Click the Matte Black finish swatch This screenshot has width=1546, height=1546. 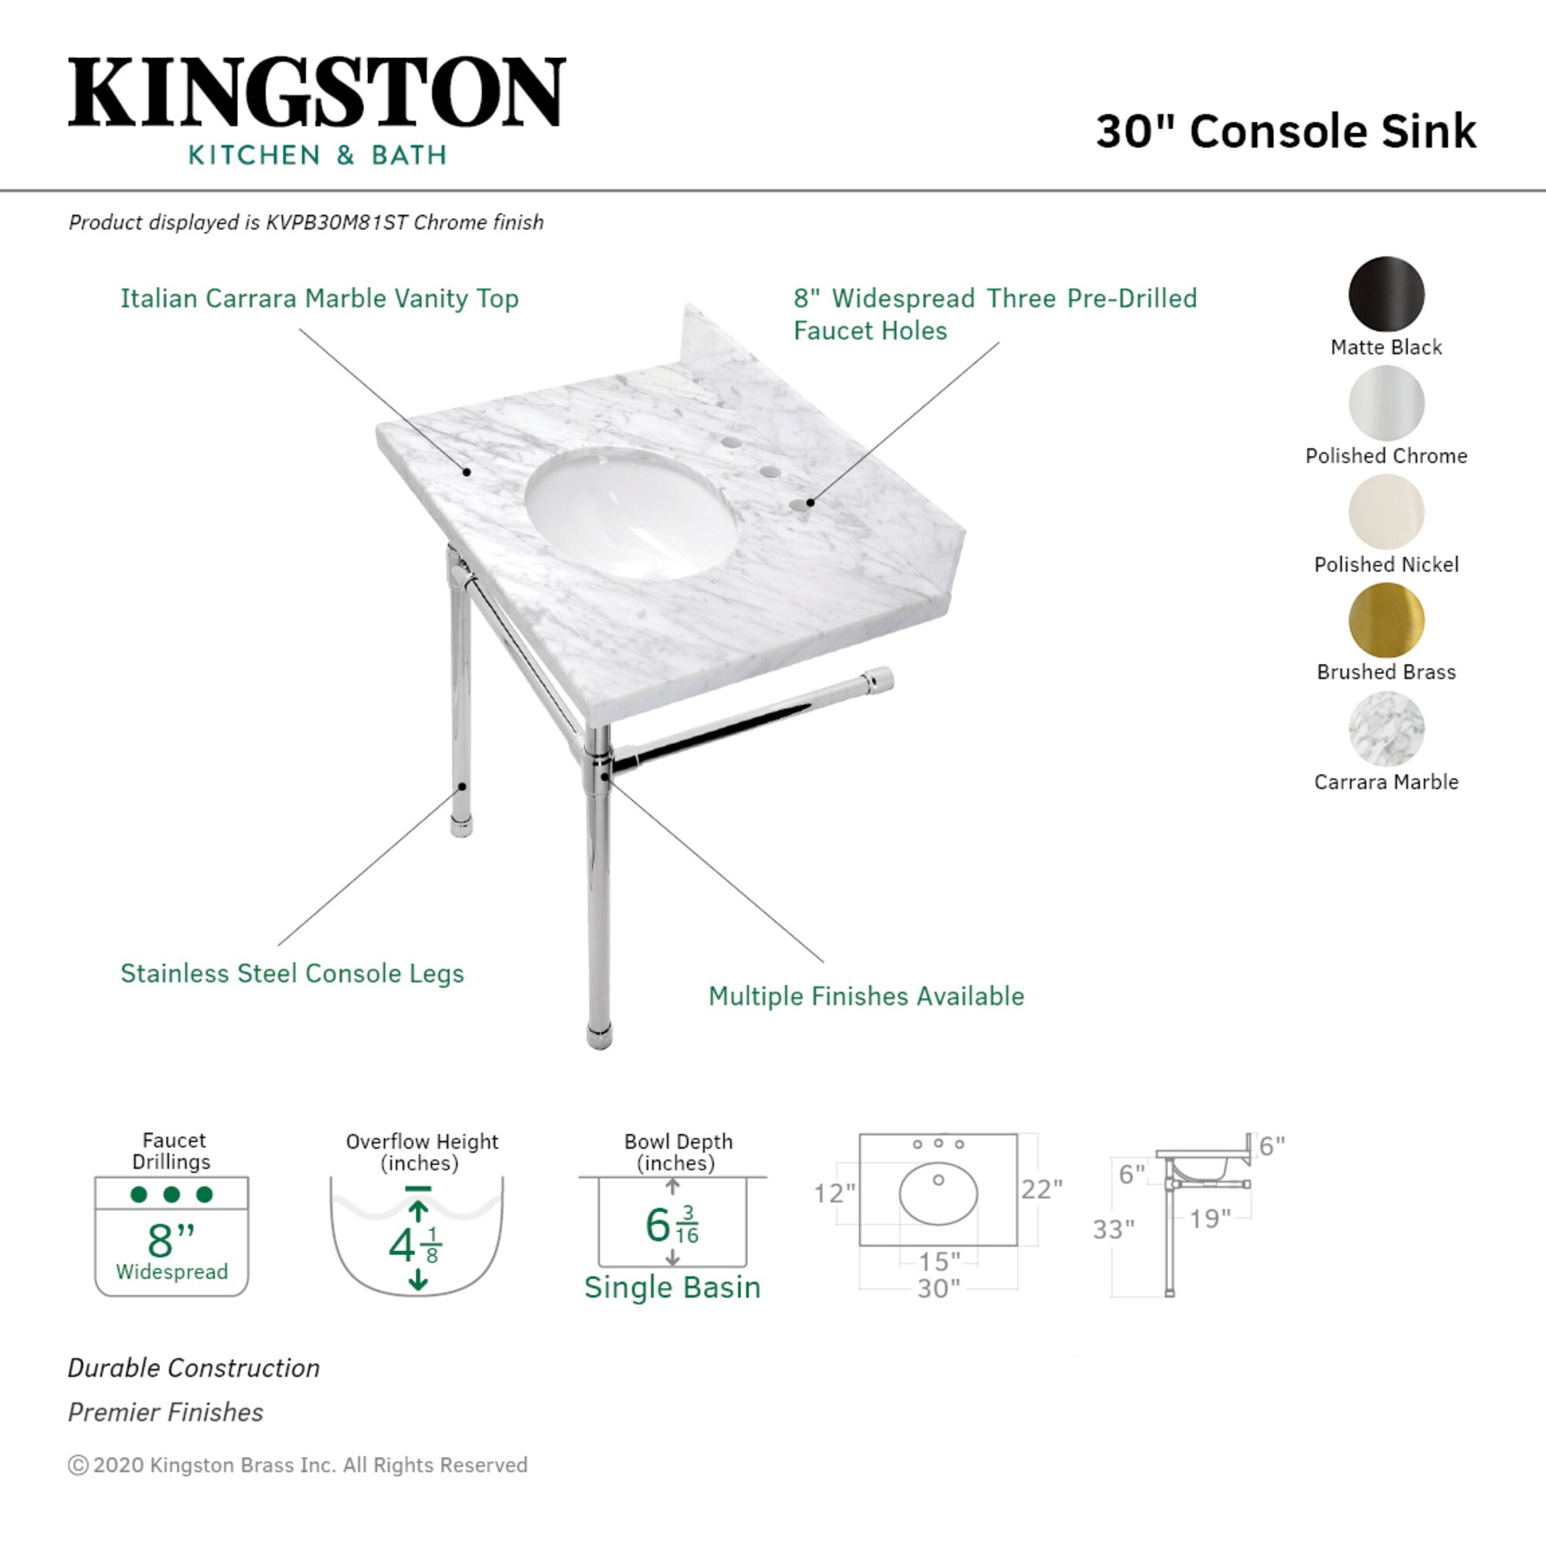tap(1386, 294)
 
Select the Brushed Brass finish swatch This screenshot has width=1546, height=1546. tap(1386, 620)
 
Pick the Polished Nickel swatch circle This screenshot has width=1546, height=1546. tap(1386, 511)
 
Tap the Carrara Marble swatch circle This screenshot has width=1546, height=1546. tap(1386, 729)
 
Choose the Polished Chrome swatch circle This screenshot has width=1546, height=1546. tap(1386, 403)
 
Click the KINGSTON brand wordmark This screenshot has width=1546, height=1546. tap(317, 92)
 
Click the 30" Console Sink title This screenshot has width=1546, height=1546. tap(1285, 131)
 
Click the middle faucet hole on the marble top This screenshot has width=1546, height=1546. tap(770, 472)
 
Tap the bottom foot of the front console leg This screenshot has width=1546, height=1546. tap(599, 1037)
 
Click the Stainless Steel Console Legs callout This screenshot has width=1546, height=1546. tap(292, 973)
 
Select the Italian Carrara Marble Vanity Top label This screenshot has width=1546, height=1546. tap(319, 298)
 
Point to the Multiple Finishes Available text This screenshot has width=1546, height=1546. tap(866, 996)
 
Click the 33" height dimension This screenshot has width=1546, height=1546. tap(1113, 1229)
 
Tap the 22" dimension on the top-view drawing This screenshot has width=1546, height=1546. tap(1041, 1189)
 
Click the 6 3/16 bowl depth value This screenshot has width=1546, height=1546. tap(670, 1225)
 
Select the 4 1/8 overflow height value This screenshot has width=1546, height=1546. tap(414, 1245)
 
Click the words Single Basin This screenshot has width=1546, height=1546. tap(673, 1288)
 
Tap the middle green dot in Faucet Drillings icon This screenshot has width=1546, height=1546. tap(172, 1195)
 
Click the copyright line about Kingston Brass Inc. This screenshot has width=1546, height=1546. tap(298, 1465)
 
